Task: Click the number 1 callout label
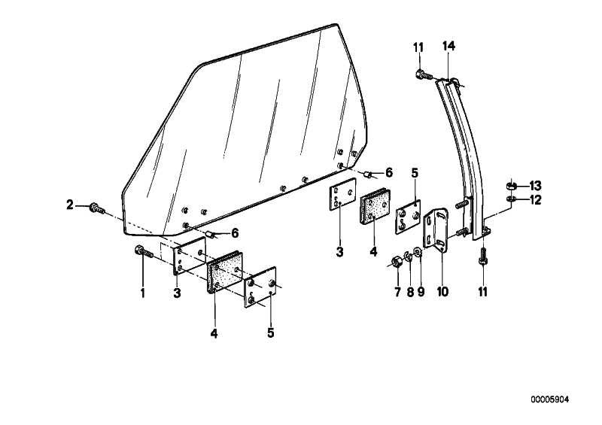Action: pyautogui.click(x=143, y=293)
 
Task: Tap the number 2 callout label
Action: pyautogui.click(x=69, y=205)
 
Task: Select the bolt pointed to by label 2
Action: pyautogui.click(x=97, y=209)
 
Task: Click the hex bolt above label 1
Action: pyautogui.click(x=144, y=252)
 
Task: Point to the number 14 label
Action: pyautogui.click(x=448, y=46)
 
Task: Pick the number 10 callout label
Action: pyautogui.click(x=442, y=292)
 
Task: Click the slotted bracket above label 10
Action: pyautogui.click(x=436, y=228)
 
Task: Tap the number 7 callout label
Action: pyautogui.click(x=398, y=292)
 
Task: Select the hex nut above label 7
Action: pyautogui.click(x=397, y=263)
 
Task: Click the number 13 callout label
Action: pyautogui.click(x=535, y=187)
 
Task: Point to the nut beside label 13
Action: pyautogui.click(x=511, y=187)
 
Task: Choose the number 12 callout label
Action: pyautogui.click(x=535, y=200)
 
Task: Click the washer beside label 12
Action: pyautogui.click(x=511, y=199)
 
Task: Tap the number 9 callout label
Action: pyautogui.click(x=421, y=292)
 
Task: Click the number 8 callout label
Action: pyautogui.click(x=410, y=292)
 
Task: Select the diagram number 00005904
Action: pyautogui.click(x=550, y=399)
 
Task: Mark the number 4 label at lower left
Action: pyautogui.click(x=214, y=333)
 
